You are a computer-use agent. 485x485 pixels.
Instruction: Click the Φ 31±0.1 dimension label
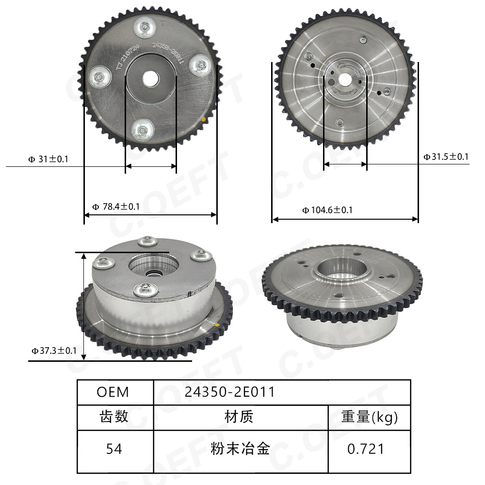[x=48, y=159]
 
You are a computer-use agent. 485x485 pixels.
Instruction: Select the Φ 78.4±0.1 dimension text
[x=116, y=207]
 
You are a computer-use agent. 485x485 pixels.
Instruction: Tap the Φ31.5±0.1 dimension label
[x=446, y=156]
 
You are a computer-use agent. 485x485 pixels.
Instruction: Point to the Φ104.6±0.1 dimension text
[x=327, y=210]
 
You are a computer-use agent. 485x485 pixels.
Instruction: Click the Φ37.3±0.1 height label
[x=54, y=350]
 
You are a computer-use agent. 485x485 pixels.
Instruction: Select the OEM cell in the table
[x=113, y=392]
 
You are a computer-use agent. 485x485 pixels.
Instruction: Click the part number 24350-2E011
[x=229, y=392]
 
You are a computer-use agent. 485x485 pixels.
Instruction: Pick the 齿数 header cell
[x=114, y=417]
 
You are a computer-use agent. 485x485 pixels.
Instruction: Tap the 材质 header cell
[x=239, y=417]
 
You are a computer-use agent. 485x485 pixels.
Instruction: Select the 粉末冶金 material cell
[x=240, y=449]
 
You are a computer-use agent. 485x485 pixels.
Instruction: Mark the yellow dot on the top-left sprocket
[x=205, y=119]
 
